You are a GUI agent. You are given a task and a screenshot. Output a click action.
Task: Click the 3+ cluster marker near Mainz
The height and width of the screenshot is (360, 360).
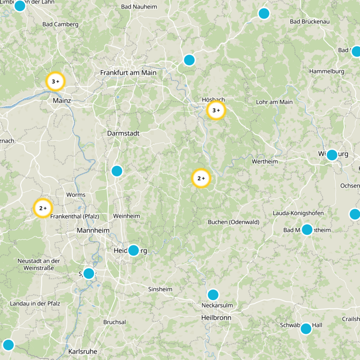point(55,81)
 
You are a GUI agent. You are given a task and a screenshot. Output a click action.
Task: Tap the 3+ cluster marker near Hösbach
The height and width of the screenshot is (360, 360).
point(216,110)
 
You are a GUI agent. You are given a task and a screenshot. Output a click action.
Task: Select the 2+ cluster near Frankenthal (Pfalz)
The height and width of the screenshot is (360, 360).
point(43,208)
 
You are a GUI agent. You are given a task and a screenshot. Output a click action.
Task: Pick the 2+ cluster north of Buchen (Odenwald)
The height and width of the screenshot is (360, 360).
point(201,179)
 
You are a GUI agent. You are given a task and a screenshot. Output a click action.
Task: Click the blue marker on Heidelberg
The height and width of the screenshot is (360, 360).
point(134,250)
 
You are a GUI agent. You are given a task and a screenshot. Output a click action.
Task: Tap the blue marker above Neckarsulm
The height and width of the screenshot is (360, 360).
point(213,295)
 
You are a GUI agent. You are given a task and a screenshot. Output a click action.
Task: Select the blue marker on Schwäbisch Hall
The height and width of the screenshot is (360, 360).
point(306,328)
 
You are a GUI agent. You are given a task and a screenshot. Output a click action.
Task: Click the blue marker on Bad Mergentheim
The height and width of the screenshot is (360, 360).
point(307,229)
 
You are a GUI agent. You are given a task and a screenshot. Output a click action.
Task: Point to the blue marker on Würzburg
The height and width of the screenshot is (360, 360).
point(332,155)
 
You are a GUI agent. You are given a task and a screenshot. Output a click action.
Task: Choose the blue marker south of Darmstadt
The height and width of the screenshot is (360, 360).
point(117,171)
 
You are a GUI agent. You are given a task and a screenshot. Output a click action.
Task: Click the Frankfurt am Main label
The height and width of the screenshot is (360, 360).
point(128,72)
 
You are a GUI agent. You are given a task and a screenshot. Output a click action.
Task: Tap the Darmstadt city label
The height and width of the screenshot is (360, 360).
point(123,133)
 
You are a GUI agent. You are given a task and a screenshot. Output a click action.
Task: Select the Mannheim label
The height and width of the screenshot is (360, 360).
point(93,230)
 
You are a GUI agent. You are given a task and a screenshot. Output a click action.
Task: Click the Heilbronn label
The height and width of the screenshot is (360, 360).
point(216,318)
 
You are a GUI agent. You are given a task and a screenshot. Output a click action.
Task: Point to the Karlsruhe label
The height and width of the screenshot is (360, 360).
point(83,351)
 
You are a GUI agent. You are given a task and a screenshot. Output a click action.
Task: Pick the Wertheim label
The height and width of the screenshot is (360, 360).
point(265,161)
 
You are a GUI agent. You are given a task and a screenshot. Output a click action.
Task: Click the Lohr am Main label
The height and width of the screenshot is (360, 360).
point(274,102)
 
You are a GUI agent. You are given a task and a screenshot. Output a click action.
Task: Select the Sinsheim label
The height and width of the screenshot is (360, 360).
point(160,289)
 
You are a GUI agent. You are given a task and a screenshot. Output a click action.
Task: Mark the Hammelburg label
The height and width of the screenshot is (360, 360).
point(327,71)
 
